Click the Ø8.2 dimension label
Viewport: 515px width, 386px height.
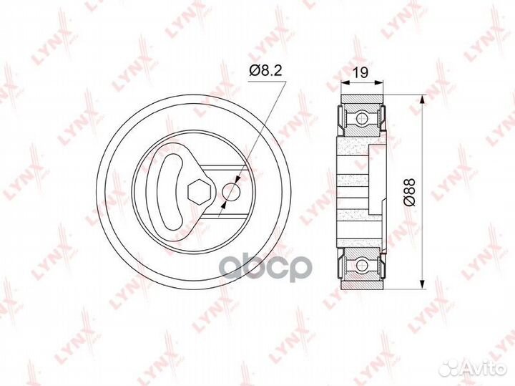pos(265,71)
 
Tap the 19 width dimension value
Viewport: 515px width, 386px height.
pos(361,72)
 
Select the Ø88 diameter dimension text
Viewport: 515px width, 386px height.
pos(411,192)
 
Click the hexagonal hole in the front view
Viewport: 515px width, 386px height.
pos(197,191)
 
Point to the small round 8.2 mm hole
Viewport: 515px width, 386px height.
pos(231,191)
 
